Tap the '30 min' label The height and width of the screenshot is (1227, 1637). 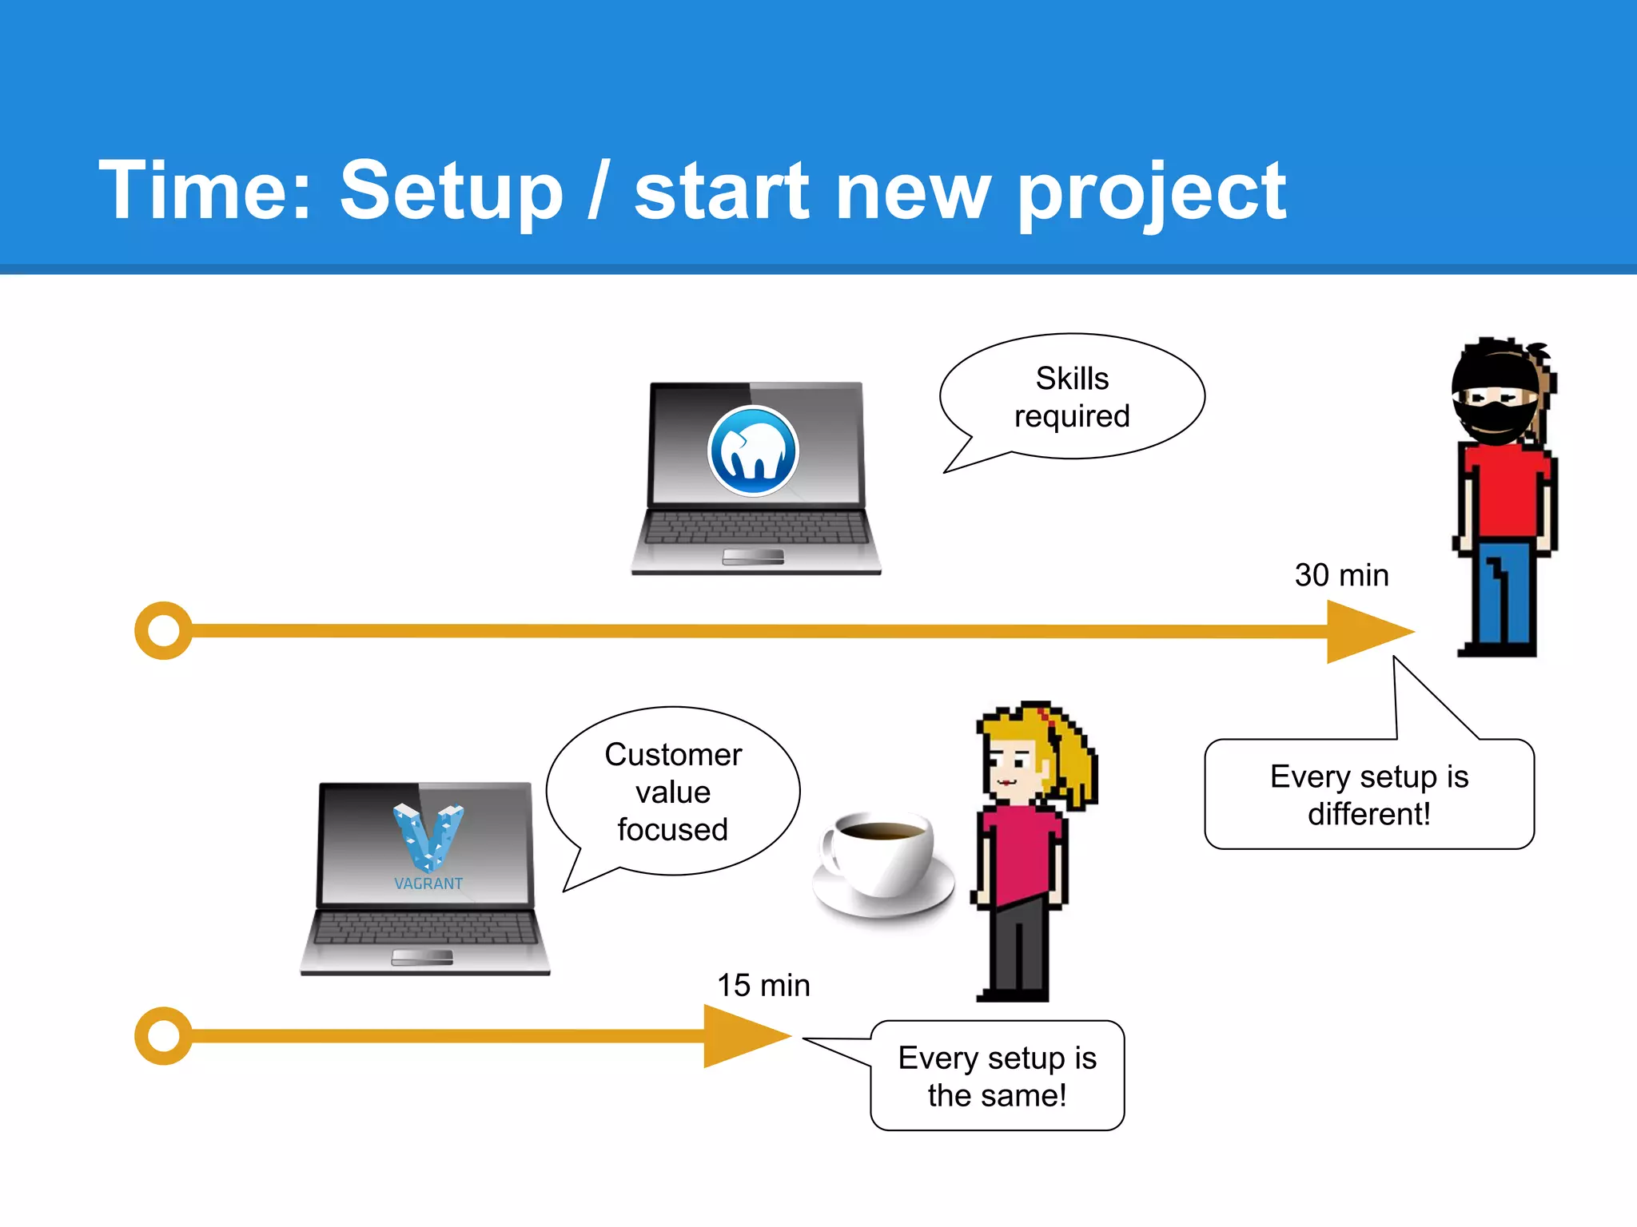click(x=1341, y=575)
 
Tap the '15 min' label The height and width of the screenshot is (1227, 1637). click(x=763, y=985)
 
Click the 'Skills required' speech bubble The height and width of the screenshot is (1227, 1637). click(x=1072, y=397)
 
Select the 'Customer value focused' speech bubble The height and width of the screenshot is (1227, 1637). click(x=673, y=792)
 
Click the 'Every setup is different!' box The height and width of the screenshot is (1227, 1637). click(x=1369, y=795)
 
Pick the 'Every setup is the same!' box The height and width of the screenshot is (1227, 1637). click(x=997, y=1076)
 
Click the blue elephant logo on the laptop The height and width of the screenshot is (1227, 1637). click(x=753, y=451)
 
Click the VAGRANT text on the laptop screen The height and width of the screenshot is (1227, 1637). click(x=428, y=884)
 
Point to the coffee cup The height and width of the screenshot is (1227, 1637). click(x=879, y=863)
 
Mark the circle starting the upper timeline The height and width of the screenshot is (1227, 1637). click(x=164, y=630)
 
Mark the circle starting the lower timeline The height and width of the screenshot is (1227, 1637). click(x=164, y=1036)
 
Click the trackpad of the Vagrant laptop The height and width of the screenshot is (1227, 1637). click(x=422, y=957)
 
